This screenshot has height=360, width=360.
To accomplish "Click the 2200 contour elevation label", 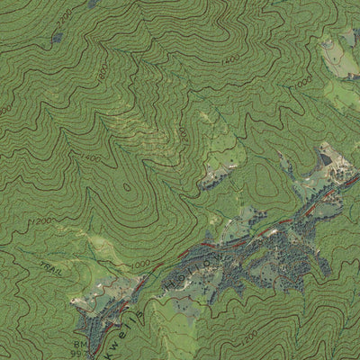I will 64,17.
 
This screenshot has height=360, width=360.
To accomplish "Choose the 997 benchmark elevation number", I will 81,354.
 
